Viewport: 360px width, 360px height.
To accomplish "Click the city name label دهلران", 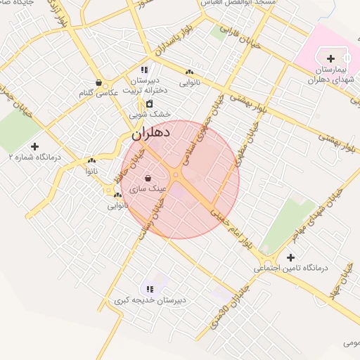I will click(150, 132).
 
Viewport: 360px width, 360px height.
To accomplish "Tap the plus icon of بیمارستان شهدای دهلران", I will click(330, 58).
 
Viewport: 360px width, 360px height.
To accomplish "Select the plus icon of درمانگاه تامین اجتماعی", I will click(290, 257).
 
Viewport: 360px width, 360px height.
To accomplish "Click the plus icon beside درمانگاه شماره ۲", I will click(35, 146).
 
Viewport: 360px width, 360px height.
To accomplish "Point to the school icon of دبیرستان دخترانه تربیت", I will click(144, 70).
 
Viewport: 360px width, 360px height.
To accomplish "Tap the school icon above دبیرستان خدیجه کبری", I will click(149, 289).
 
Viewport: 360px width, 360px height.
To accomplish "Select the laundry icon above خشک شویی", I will click(149, 104).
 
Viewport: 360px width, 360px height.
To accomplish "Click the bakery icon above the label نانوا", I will click(91, 161).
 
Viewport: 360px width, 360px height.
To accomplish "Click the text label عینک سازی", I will click(152, 189).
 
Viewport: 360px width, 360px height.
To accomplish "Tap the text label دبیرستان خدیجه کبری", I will click(150, 300).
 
